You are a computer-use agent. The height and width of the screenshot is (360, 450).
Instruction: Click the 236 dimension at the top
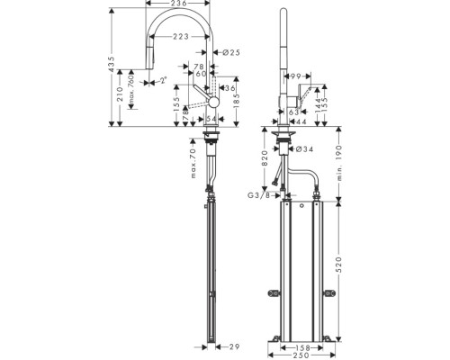point(178,4)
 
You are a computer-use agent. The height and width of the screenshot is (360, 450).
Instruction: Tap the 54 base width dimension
point(212,120)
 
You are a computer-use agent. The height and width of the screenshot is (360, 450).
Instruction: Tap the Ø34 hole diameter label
point(303,149)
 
